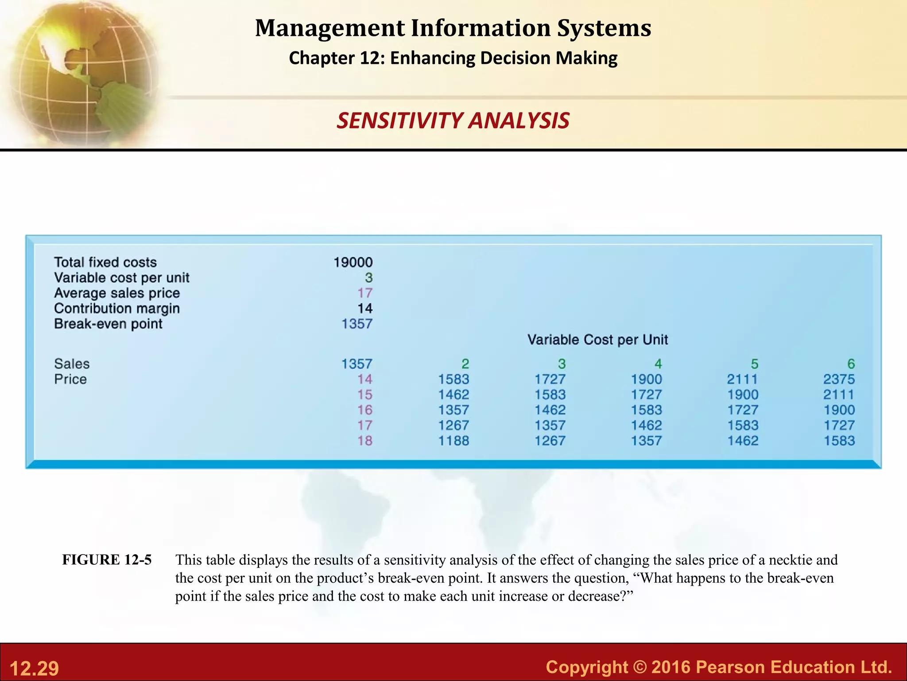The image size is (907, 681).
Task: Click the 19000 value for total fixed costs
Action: point(353,262)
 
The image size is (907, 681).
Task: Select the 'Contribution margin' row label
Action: point(117,309)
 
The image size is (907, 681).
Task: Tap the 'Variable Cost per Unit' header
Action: point(597,340)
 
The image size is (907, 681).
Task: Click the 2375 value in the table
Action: point(839,380)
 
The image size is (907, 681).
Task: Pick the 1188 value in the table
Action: point(453,441)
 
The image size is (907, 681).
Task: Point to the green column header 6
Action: point(851,364)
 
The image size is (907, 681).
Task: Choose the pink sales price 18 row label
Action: point(365,441)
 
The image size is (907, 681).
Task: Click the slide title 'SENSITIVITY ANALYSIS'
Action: point(453,121)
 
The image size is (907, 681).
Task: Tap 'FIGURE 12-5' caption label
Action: point(107,560)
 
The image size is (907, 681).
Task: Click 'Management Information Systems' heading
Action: point(453,28)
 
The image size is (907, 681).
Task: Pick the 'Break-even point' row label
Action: point(108,324)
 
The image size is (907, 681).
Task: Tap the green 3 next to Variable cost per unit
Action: point(368,278)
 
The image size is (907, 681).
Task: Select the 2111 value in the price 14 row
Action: point(742,380)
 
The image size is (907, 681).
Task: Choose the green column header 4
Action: point(658,364)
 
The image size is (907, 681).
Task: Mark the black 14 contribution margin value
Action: point(365,309)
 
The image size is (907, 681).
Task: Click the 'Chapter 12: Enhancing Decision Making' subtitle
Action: point(453,58)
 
